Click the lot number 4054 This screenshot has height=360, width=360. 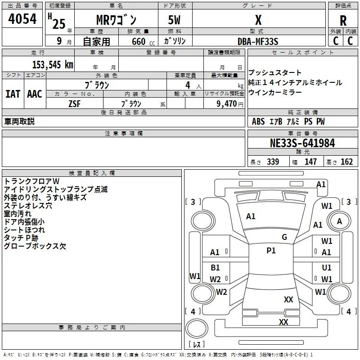pyautogui.click(x=22, y=19)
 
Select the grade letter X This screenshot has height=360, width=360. pyautogui.click(x=258, y=20)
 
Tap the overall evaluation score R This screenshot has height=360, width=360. pyautogui.click(x=343, y=21)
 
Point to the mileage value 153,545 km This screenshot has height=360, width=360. pyautogui.click(x=53, y=65)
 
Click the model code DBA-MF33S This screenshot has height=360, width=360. pyautogui.click(x=258, y=41)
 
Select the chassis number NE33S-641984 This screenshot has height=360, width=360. pyautogui.click(x=302, y=143)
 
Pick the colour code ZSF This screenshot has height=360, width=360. pyautogui.click(x=74, y=104)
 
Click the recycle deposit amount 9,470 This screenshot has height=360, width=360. pyautogui.click(x=227, y=103)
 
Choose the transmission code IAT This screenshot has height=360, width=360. pyautogui.click(x=13, y=94)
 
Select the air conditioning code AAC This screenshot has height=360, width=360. pyautogui.click(x=35, y=94)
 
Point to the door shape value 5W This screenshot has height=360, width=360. pyautogui.click(x=174, y=20)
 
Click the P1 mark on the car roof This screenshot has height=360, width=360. pyautogui.click(x=271, y=251)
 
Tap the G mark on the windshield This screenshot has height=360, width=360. pyautogui.click(x=284, y=237)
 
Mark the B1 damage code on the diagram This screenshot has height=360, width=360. pyautogui.click(x=215, y=267)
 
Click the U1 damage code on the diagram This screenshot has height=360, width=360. pyautogui.click(x=327, y=267)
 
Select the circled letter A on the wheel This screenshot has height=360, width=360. pyautogui.click(x=339, y=221)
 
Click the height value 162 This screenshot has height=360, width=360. pyautogui.click(x=346, y=162)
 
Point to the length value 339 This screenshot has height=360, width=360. pyautogui.click(x=273, y=162)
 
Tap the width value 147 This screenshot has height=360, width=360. pyautogui.click(x=310, y=162)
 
